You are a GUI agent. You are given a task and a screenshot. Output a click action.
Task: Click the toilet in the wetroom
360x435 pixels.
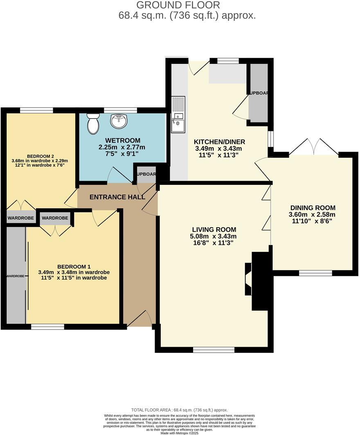(93, 123)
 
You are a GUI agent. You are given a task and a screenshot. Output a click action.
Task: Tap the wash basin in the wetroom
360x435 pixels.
(119, 121)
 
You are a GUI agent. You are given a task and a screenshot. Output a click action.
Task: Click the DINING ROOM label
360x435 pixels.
(313, 208)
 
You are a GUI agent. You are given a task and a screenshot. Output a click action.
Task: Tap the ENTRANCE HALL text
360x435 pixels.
(117, 197)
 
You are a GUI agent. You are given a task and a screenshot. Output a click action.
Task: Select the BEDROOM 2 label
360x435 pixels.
(40, 156)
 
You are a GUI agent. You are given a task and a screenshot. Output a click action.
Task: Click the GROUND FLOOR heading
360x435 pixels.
(178, 5)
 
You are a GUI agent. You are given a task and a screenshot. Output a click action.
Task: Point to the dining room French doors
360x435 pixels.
(314, 147)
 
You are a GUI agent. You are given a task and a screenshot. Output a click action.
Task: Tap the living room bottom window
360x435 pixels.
(214, 350)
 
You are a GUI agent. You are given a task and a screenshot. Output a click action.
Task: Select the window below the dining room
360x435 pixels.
(315, 273)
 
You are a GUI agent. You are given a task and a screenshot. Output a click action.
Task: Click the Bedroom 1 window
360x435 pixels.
(48, 327)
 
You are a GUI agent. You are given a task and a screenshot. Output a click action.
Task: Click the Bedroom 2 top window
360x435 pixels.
(36, 110)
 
